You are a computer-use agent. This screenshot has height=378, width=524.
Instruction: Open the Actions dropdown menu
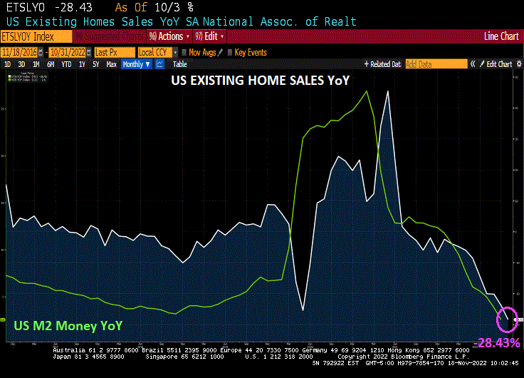pyautogui.click(x=169, y=36)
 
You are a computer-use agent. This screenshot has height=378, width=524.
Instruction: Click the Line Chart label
pyautogui.click(x=501, y=36)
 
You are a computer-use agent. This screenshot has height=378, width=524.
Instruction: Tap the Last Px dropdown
pyautogui.click(x=112, y=52)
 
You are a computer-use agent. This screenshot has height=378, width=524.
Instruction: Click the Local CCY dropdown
pyautogui.click(x=155, y=52)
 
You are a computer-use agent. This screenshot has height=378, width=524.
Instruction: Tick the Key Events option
pyautogui.click(x=250, y=52)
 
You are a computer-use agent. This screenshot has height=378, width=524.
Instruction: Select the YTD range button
pyautogui.click(x=66, y=64)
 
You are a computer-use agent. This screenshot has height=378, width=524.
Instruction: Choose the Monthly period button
pyautogui.click(x=136, y=64)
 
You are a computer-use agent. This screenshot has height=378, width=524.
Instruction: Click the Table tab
pyautogui.click(x=180, y=64)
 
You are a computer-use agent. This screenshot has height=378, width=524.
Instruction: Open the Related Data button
pyautogui.click(x=383, y=64)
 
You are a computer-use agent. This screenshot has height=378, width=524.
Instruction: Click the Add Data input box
pyautogui.click(x=436, y=64)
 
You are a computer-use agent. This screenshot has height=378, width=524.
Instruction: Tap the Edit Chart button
pyautogui.click(x=498, y=64)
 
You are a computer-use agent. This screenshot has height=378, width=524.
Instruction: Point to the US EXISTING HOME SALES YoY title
pyautogui.click(x=261, y=81)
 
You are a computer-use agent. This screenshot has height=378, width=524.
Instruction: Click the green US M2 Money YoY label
pyautogui.click(x=68, y=326)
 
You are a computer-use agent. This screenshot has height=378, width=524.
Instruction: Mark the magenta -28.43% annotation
pyautogui.click(x=497, y=343)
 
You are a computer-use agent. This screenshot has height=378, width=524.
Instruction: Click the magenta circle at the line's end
pyautogui.click(x=508, y=318)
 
